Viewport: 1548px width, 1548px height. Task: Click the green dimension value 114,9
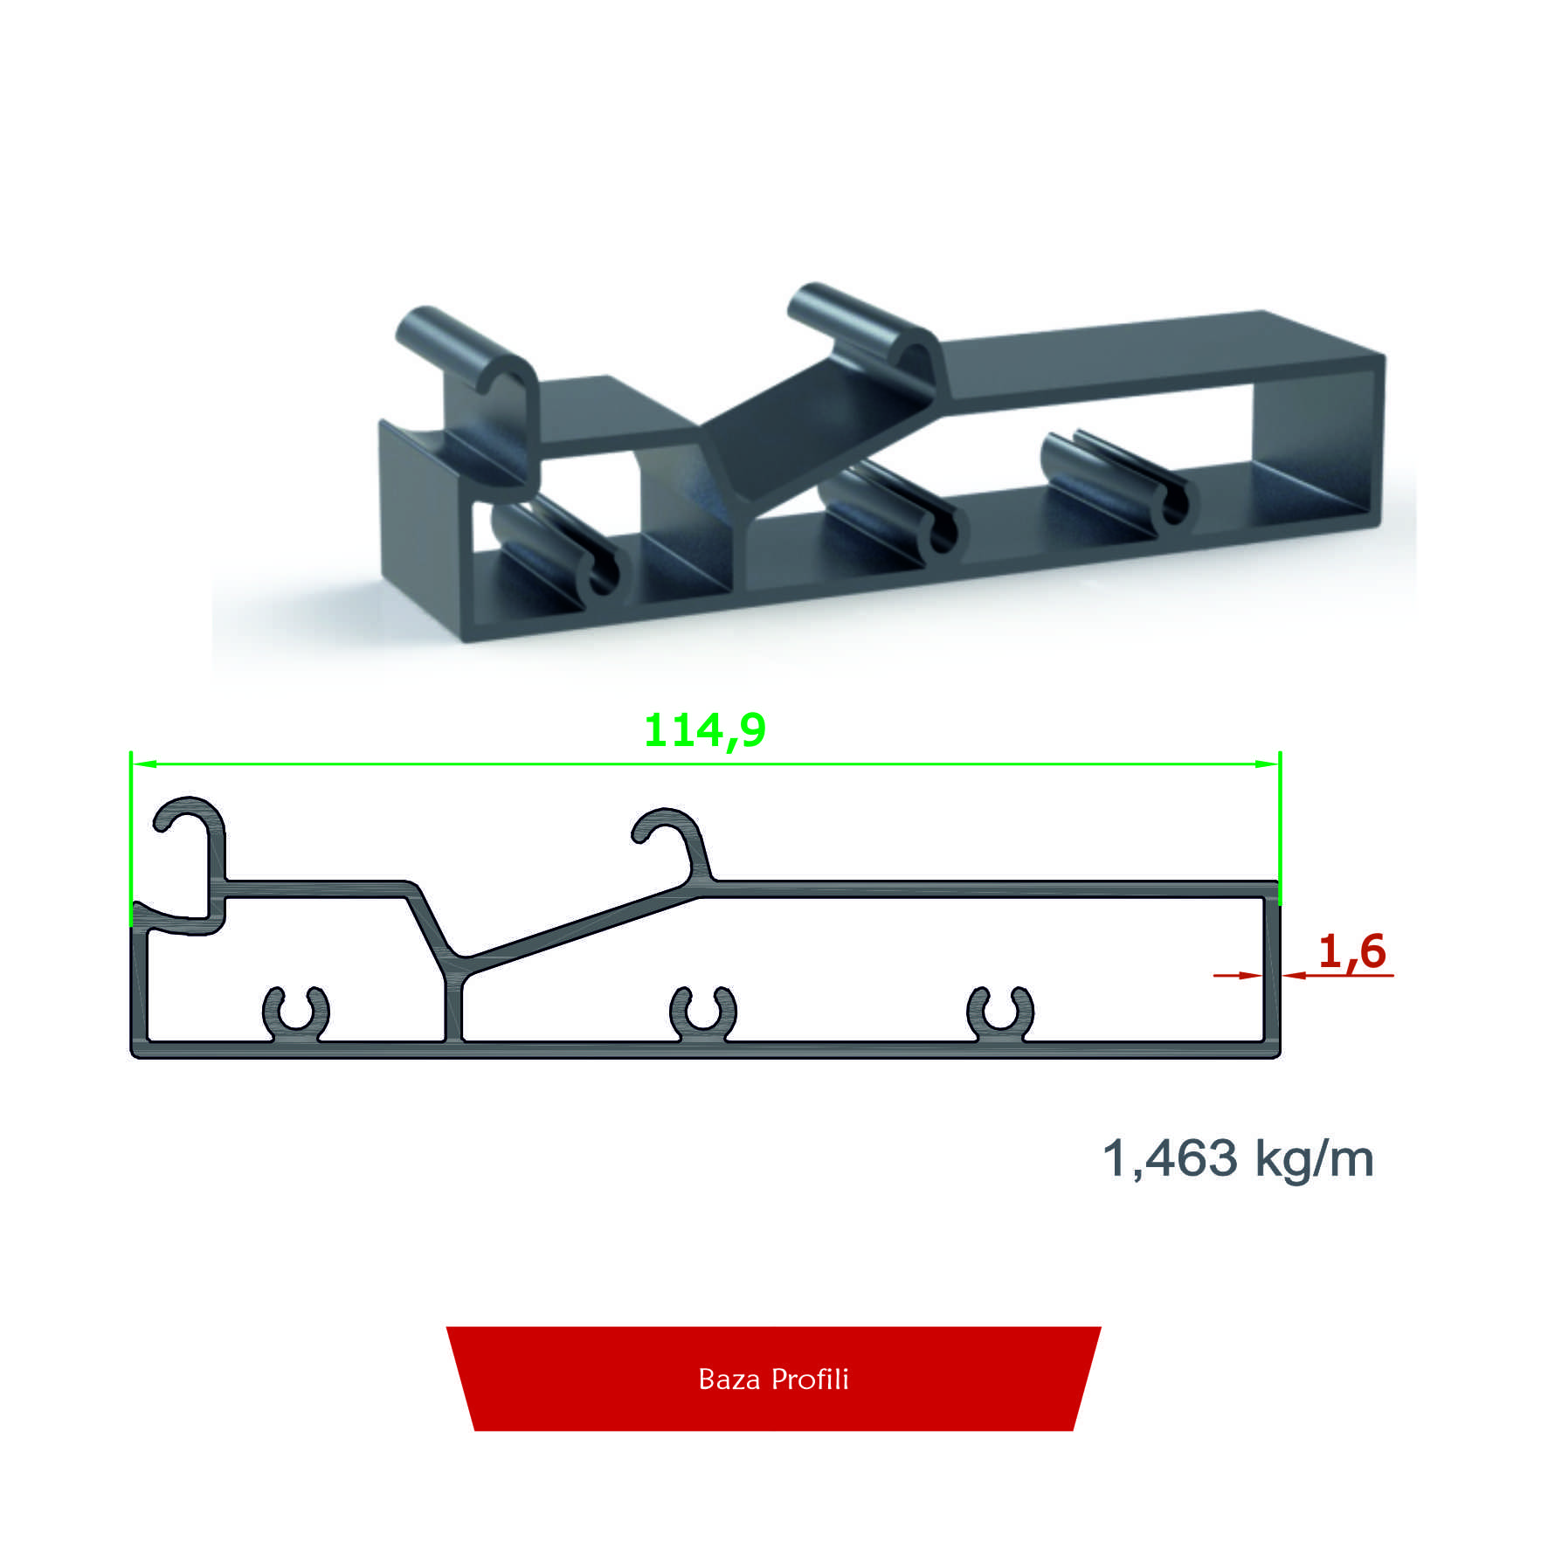(704, 731)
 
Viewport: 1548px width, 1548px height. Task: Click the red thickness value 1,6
(1351, 951)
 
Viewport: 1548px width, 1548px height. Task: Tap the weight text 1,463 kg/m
(1238, 1158)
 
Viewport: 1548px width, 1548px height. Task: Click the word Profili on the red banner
(811, 1379)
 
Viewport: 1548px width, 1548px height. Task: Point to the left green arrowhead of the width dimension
(144, 764)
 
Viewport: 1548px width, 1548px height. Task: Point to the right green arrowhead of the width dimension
(1267, 764)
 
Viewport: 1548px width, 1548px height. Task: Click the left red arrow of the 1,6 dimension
(1238, 975)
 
